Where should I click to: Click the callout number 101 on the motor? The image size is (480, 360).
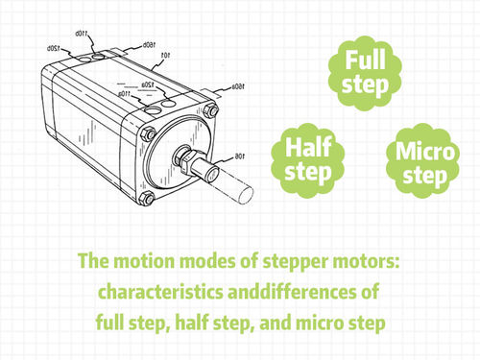pyautogui.click(x=164, y=56)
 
